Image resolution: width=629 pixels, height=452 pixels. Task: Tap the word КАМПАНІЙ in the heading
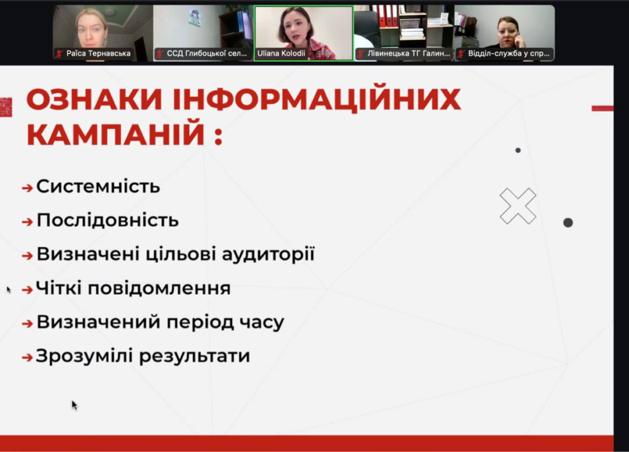point(115,133)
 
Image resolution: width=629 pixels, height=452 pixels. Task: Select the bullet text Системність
point(98,186)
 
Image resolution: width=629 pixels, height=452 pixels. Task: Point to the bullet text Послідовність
point(107,220)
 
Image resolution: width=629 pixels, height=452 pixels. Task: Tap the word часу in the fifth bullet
point(264,322)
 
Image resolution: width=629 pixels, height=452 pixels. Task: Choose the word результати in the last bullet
point(195,356)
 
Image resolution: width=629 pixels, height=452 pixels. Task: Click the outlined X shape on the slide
point(518,206)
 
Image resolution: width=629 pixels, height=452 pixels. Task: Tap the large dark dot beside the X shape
point(568,222)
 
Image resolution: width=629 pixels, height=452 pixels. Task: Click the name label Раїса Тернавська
point(98,53)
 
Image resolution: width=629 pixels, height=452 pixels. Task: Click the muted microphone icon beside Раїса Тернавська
point(60,53)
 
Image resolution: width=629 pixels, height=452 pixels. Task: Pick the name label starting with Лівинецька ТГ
point(408,53)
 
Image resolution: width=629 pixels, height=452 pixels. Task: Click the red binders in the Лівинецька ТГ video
point(388,15)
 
